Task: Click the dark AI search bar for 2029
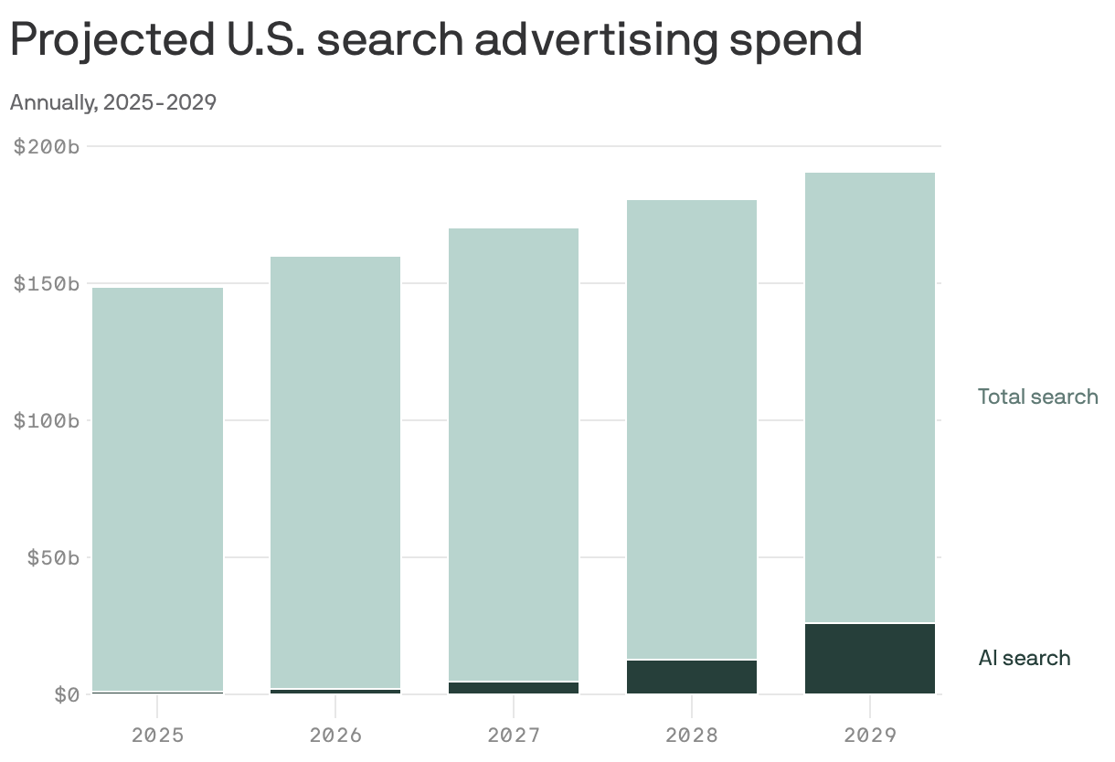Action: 869,659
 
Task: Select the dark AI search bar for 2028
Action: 692,677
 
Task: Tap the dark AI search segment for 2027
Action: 514,687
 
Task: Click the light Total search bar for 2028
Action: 692,429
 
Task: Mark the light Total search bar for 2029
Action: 869,397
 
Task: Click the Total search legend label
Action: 1037,397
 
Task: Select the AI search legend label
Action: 1024,658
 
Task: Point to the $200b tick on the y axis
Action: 47,146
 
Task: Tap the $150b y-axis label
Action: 47,283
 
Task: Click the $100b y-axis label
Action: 47,420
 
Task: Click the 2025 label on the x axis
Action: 158,735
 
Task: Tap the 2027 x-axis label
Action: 514,735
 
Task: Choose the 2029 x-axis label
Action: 869,735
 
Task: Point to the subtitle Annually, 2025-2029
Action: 112,102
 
